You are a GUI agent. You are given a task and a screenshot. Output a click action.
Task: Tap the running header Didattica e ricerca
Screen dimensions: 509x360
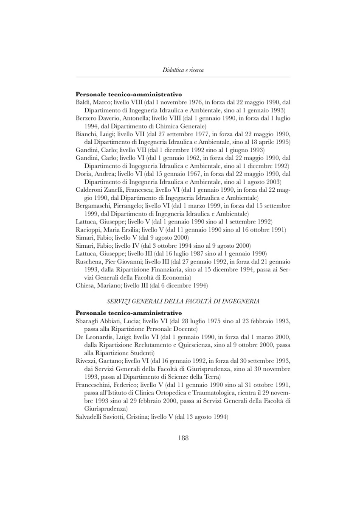point(183,70)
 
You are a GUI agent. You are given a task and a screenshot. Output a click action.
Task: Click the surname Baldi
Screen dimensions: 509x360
point(83,102)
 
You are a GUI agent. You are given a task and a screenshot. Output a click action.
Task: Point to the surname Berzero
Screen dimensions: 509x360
point(87,118)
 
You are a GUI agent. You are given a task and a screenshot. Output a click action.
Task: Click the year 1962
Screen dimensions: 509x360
point(187,158)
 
